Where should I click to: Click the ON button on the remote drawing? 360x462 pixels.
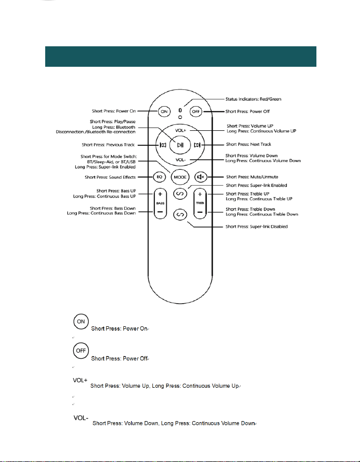pos(164,111)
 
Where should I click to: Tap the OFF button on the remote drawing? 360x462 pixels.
pos(196,111)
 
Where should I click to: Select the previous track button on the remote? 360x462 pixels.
pos(163,145)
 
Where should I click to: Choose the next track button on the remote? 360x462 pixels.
pos(197,145)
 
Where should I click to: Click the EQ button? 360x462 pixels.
pos(159,177)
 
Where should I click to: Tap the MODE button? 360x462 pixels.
pos(180,177)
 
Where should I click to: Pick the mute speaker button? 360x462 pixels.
pos(201,177)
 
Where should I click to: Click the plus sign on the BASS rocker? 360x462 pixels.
pos(160,194)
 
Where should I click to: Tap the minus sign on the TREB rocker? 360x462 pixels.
pos(200,212)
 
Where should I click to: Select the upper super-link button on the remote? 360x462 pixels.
pos(180,194)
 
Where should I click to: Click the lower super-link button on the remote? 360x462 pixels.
pos(180,214)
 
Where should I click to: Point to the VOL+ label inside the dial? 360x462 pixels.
pos(181,130)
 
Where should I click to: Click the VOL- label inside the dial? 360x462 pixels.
pos(181,160)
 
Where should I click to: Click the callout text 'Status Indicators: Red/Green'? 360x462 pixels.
pos(253,99)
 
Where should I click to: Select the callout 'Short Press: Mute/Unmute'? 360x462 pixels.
pos(252,177)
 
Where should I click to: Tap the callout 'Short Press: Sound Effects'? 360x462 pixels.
pos(110,177)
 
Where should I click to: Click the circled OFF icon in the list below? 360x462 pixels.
pos(81,351)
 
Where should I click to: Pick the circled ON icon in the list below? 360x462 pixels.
pos(81,321)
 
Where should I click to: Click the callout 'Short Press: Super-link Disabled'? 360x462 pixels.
pos(256,226)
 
